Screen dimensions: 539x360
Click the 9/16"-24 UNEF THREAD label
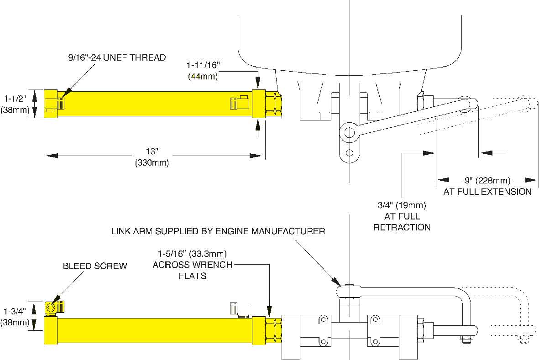[x=117, y=57]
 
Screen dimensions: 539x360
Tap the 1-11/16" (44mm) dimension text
[x=203, y=70]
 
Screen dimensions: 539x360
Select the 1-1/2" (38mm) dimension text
[x=15, y=104]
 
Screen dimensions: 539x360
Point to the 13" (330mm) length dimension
[x=152, y=157]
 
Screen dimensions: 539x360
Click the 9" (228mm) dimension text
[x=487, y=180]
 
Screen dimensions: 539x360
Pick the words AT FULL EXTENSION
[x=487, y=192]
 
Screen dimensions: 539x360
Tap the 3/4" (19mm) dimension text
[x=402, y=205]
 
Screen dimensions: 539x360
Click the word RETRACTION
[x=402, y=227]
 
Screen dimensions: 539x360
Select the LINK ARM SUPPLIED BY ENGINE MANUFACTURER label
[x=218, y=231]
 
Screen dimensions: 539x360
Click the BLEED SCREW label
[x=95, y=266]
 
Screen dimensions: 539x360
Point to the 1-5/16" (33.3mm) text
[x=192, y=254]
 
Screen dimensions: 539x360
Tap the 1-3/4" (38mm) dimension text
[x=15, y=317]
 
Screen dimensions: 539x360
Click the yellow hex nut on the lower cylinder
[x=274, y=330]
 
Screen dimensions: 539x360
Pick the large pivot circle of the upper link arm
[x=349, y=132]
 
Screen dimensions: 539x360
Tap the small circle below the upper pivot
[x=350, y=152]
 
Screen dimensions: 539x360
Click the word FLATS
[x=193, y=276]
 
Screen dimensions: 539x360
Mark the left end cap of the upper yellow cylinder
[x=51, y=104]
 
